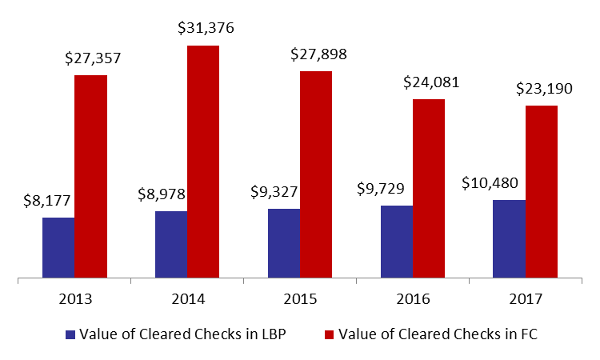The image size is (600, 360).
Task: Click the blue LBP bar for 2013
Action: [x=58, y=247]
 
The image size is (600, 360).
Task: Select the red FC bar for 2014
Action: [x=203, y=162]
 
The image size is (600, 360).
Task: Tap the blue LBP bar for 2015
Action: [x=284, y=243]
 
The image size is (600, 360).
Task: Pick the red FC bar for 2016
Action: [x=429, y=188]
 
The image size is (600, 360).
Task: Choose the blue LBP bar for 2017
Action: [x=510, y=238]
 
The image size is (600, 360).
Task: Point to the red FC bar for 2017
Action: [x=542, y=192]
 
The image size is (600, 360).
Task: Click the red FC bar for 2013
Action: [x=90, y=176]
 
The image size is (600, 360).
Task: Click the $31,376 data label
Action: [x=206, y=28]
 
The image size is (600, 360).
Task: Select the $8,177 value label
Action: [x=47, y=201]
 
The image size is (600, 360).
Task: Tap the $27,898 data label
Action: [x=318, y=54]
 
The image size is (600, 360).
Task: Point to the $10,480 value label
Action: [x=490, y=183]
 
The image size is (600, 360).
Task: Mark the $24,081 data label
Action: [x=431, y=82]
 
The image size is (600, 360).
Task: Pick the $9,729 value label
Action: [x=381, y=189]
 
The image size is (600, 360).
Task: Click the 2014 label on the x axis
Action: [x=188, y=298]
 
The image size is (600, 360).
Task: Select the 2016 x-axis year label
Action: [x=414, y=298]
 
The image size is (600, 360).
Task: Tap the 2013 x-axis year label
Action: [x=75, y=298]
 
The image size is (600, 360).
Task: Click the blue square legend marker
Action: [x=70, y=334]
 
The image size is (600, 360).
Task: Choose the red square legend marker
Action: [x=329, y=334]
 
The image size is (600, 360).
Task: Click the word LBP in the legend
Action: [x=274, y=334]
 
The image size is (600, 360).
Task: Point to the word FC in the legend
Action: [x=529, y=334]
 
